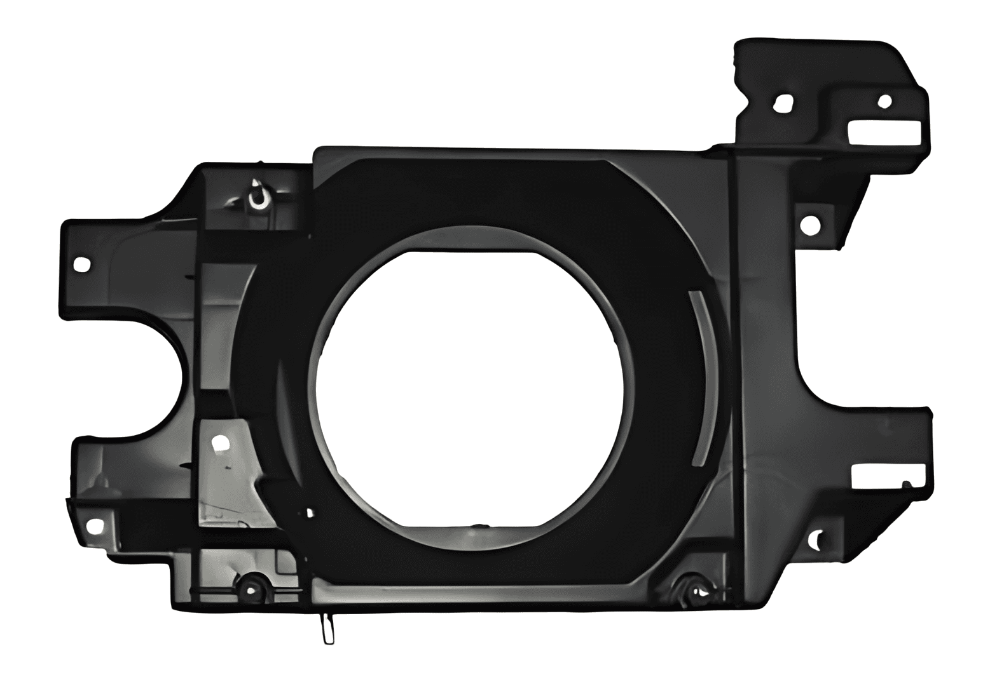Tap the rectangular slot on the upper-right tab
pyautogui.click(x=884, y=132)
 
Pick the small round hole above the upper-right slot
pyautogui.click(x=884, y=101)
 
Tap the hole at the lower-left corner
pyautogui.click(x=94, y=525)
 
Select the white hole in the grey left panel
pyautogui.click(x=220, y=442)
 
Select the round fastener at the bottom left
pyautogui.click(x=252, y=584)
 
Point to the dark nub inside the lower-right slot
pyautogui.click(x=906, y=485)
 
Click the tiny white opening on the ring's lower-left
pyautogui.click(x=310, y=512)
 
